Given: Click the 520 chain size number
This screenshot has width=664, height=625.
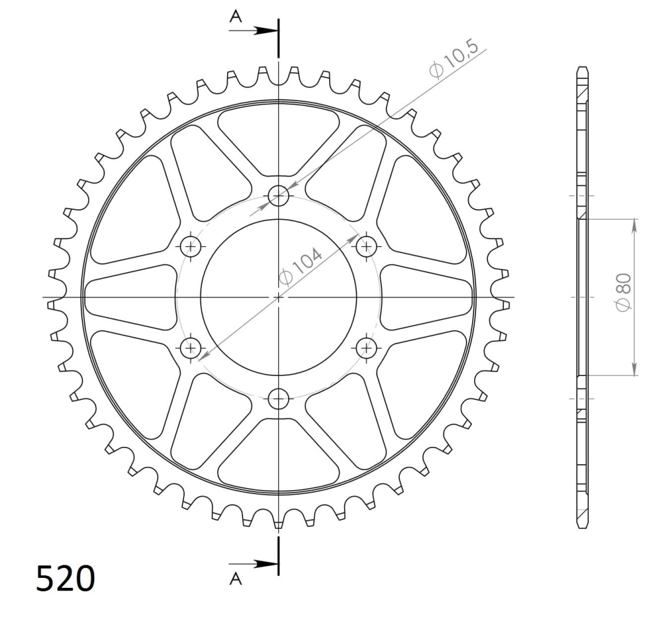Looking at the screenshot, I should point(65,579).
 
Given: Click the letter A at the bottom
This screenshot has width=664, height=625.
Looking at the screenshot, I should point(235,579).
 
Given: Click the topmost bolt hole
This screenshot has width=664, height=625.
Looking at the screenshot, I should point(279,195).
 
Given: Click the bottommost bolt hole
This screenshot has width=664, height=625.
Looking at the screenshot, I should point(279,399).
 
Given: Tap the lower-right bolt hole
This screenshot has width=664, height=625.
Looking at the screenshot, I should point(366,347).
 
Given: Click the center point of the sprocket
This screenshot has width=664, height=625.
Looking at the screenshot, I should point(279,297).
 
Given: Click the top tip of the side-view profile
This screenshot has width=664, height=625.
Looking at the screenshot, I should point(582,68).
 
